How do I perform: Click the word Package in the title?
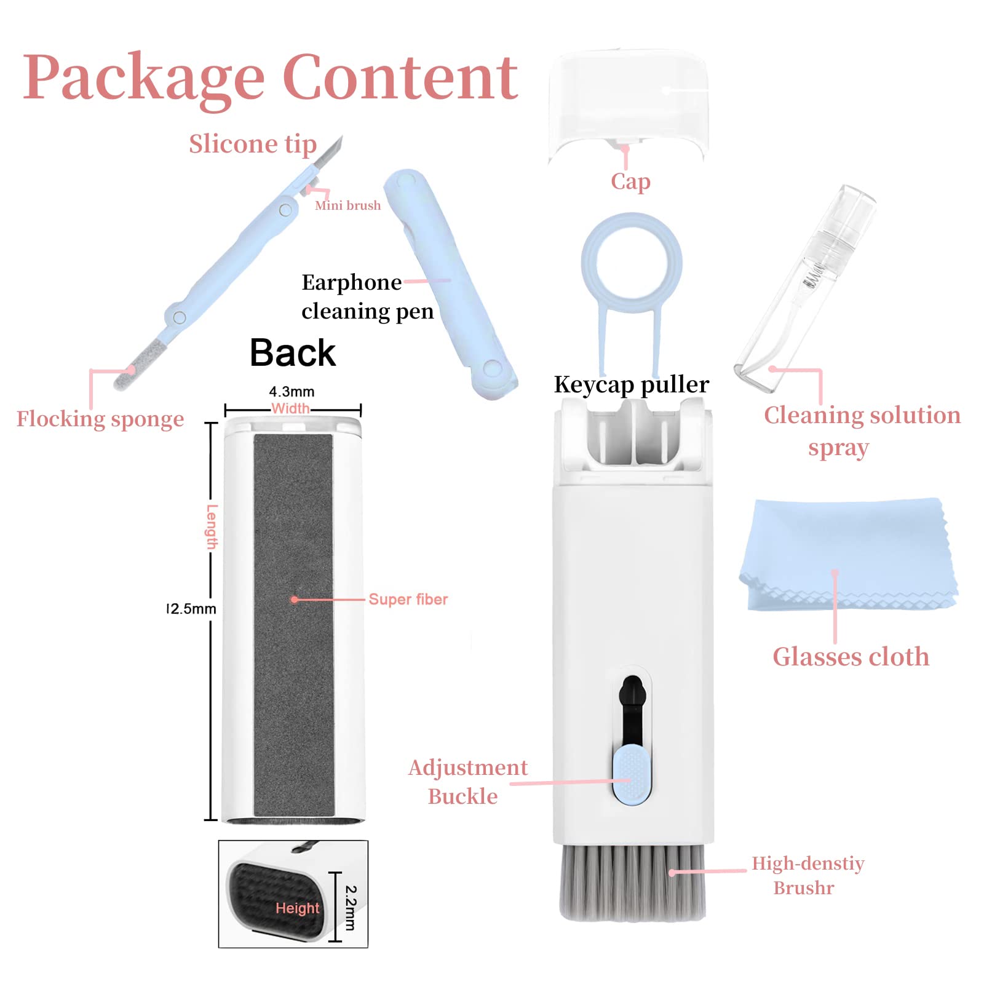pyautogui.click(x=144, y=77)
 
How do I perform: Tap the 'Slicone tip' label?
pyautogui.click(x=253, y=144)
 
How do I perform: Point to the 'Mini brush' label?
pyautogui.click(x=347, y=205)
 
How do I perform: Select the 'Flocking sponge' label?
pyautogui.click(x=100, y=419)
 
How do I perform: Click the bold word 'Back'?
pyautogui.click(x=293, y=353)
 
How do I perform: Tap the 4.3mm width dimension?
pyautogui.click(x=292, y=392)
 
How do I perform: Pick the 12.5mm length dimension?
pyautogui.click(x=192, y=609)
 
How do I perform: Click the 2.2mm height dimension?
pyautogui.click(x=351, y=908)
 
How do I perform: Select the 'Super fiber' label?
pyautogui.click(x=408, y=599)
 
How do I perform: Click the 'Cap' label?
pyautogui.click(x=630, y=181)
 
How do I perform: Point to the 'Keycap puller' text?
pyautogui.click(x=632, y=384)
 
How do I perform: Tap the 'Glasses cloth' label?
pyautogui.click(x=851, y=657)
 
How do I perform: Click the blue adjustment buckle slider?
pyautogui.click(x=632, y=774)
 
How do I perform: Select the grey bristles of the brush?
pyautogui.click(x=632, y=882)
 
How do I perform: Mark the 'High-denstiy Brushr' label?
pyautogui.click(x=807, y=876)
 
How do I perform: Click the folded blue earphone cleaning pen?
pyautogui.click(x=452, y=283)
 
